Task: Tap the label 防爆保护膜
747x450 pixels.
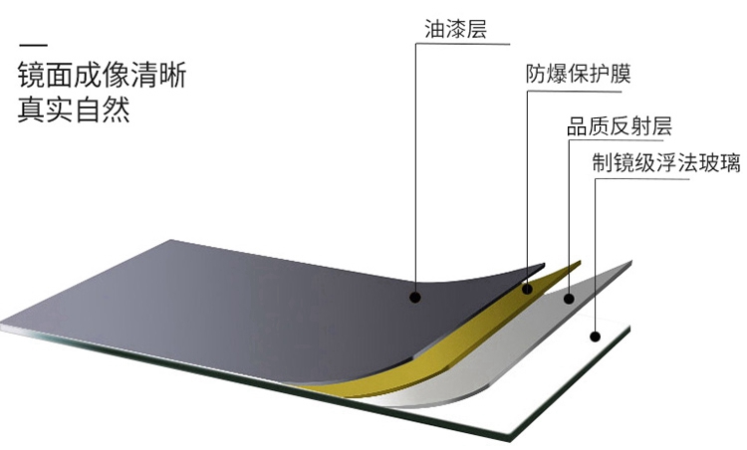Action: tap(579, 75)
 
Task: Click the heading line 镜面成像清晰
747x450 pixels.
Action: tap(101, 76)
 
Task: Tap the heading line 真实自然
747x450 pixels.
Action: tap(74, 109)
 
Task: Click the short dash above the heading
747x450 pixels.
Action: tap(33, 45)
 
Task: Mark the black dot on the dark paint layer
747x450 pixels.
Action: tap(415, 296)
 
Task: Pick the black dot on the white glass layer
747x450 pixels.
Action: tap(594, 336)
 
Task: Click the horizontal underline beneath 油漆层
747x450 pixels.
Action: tap(463, 45)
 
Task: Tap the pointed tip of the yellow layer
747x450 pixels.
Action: tap(579, 263)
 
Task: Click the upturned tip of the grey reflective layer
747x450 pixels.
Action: tap(630, 262)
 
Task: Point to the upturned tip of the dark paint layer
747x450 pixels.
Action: tap(544, 265)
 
